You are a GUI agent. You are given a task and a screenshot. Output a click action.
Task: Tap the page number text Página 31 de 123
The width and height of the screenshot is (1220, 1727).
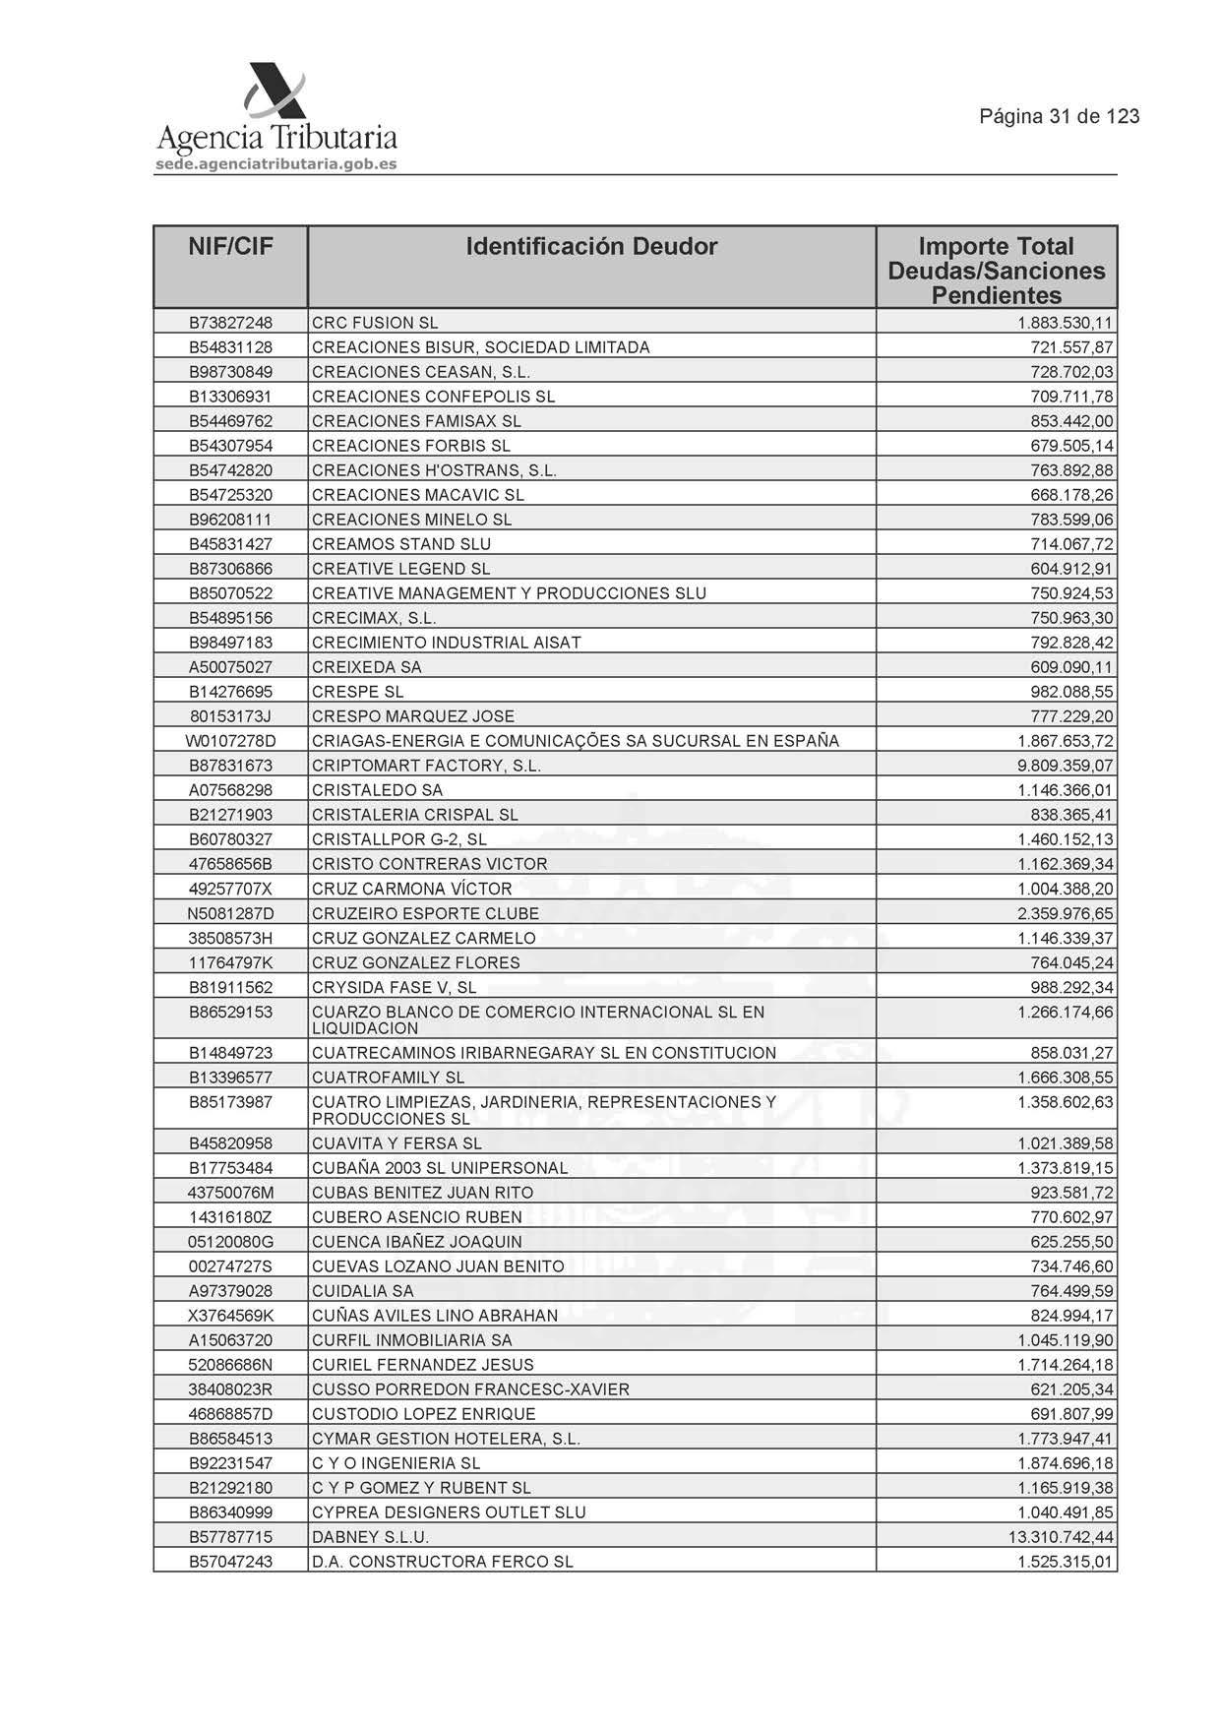coord(1059,117)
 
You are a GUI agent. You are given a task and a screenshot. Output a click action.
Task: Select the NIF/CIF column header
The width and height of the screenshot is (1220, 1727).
coord(230,246)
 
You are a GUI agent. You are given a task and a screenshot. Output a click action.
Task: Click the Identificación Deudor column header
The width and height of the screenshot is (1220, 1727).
coord(591,246)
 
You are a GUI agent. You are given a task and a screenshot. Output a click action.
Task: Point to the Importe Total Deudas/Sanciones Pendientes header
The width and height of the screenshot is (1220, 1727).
coord(996,271)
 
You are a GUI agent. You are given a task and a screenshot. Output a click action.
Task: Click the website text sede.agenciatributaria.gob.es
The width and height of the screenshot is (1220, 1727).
coord(276,164)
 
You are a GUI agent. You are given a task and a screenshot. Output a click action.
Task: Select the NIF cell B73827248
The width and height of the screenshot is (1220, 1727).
coord(230,323)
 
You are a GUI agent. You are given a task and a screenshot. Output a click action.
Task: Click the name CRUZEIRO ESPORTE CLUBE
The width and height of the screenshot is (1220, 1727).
coord(425,913)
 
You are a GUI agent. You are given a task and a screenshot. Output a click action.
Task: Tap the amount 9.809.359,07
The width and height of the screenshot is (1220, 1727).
coord(1065,766)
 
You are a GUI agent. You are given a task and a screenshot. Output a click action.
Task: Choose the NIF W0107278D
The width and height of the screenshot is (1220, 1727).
coord(230,741)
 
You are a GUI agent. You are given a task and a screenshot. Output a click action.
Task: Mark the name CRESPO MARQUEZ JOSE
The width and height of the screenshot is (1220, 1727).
coord(413,716)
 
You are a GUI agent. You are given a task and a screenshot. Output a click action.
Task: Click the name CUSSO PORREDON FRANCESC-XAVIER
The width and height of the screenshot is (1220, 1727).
coord(470,1389)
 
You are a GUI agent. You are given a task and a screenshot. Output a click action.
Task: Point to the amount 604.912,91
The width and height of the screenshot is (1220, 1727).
coord(1071,569)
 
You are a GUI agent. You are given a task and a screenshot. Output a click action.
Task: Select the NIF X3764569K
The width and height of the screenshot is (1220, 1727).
coord(230,1316)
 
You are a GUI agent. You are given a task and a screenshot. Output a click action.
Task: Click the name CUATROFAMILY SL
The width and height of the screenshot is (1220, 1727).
coord(388,1078)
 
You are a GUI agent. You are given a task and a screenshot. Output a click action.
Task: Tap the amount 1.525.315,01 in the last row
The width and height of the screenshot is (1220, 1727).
coord(1065,1562)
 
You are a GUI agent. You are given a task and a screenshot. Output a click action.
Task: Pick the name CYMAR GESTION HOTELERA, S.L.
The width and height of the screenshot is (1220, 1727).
coord(446,1439)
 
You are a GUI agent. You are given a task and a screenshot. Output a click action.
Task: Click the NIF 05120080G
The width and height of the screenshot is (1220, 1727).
coord(230,1242)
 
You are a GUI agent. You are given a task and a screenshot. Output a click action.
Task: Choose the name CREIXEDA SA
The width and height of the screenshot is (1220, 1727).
coord(366,667)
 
